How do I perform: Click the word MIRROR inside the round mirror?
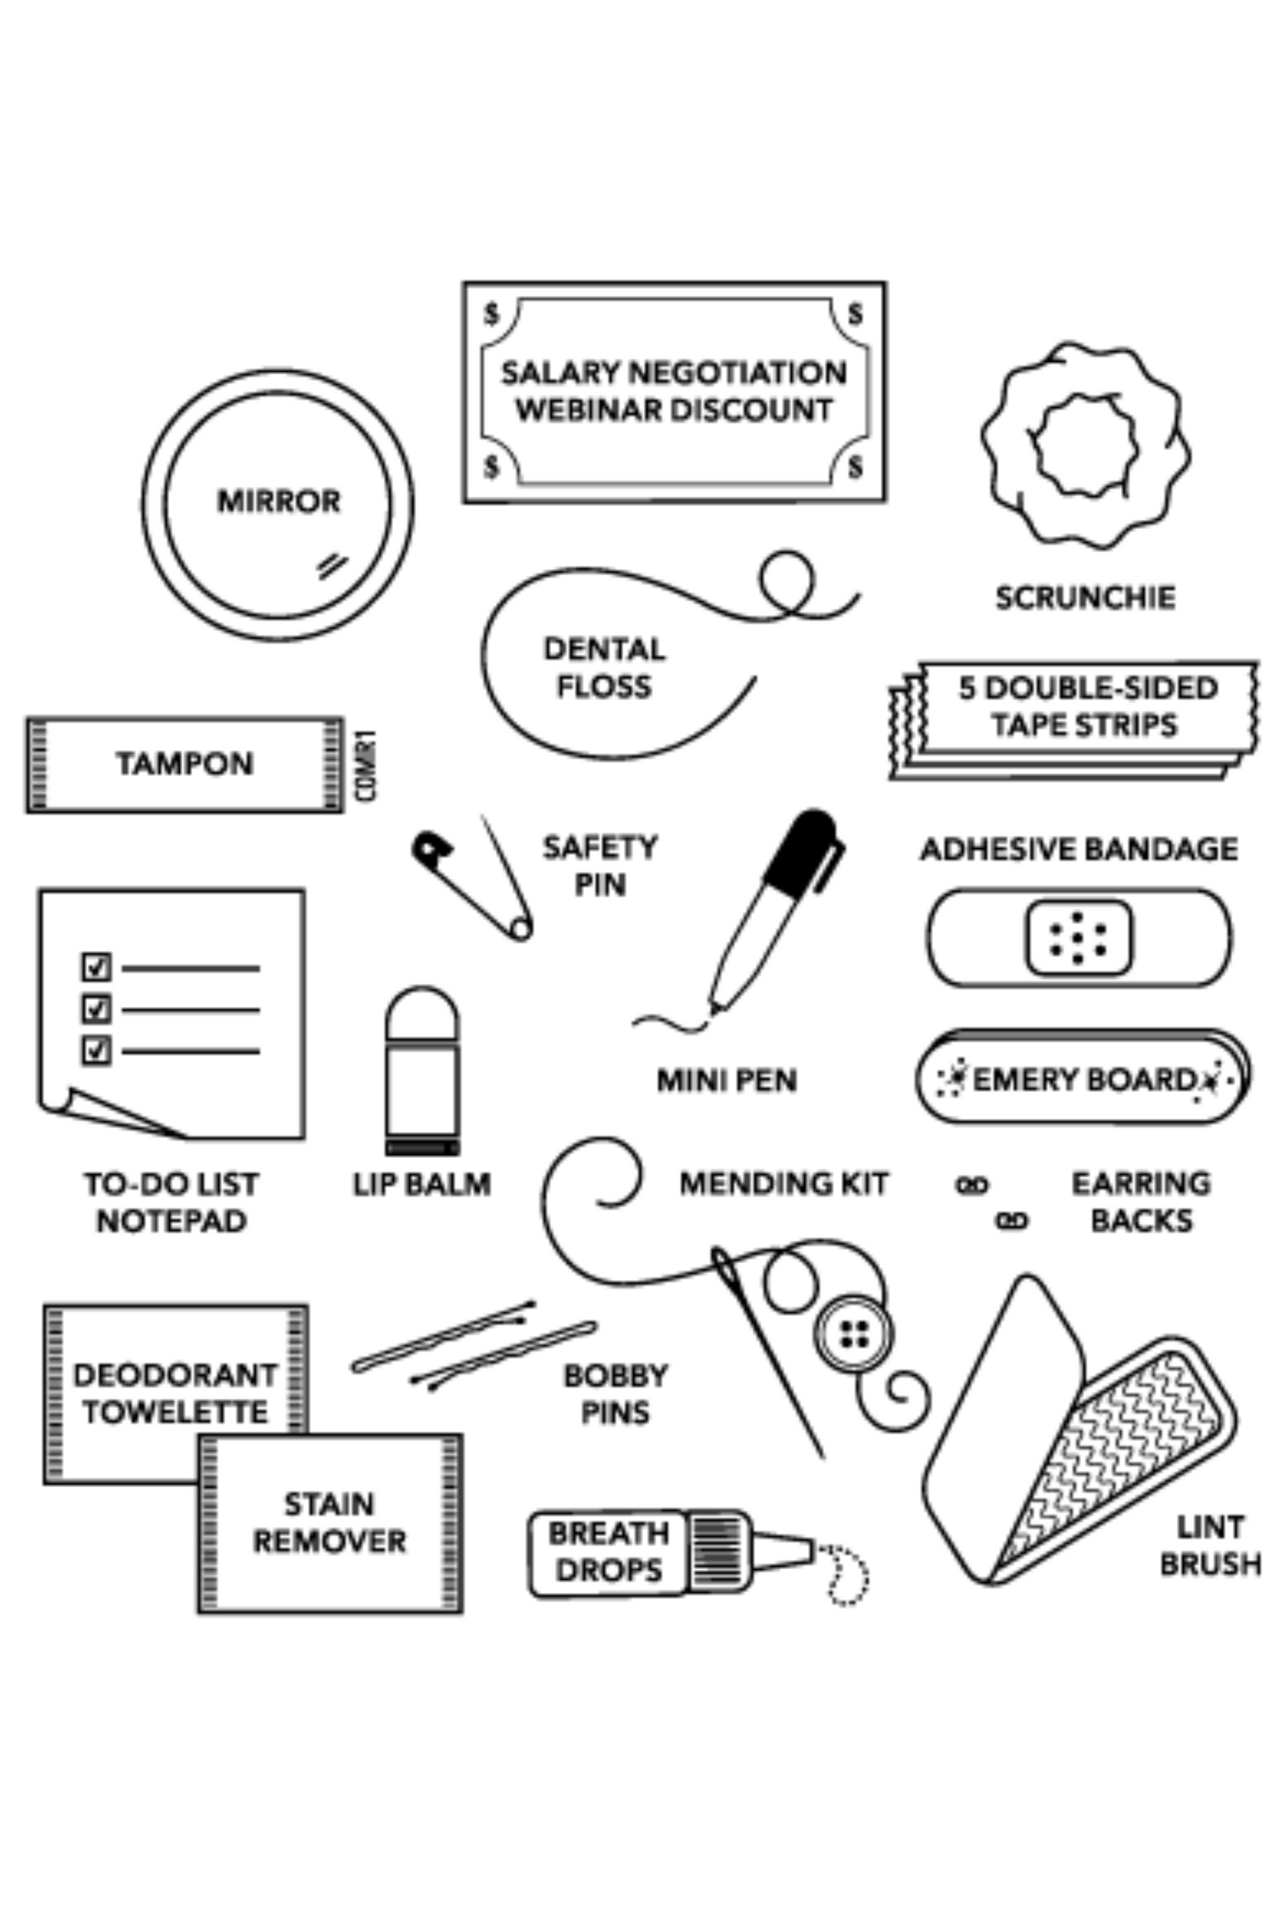tap(279, 501)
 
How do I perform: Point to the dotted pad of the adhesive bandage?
tap(1079, 938)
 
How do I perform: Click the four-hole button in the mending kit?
tap(854, 1334)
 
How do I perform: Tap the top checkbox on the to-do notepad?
tap(96, 967)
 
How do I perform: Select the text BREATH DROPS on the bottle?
tap(608, 1552)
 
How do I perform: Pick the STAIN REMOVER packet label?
tap(329, 1522)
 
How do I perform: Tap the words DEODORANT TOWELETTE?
tap(174, 1394)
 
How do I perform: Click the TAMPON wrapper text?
tap(185, 764)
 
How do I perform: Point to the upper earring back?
tap(972, 1186)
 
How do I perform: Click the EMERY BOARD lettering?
tap(1083, 1080)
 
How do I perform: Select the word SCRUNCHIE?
tap(1085, 598)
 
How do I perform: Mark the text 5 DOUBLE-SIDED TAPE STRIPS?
tap(1087, 706)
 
